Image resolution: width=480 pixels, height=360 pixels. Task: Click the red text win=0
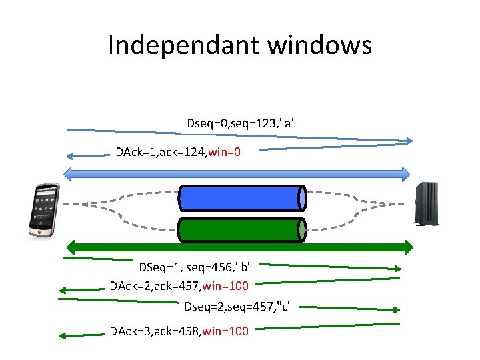click(225, 152)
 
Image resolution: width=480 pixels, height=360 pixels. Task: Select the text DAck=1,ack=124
click(160, 152)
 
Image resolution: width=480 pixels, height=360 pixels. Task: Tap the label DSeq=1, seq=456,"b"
click(195, 268)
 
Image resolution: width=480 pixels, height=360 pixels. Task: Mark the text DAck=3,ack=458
click(154, 331)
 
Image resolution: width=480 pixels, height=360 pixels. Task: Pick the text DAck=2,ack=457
click(154, 287)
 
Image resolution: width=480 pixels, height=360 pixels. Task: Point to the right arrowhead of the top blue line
click(409, 141)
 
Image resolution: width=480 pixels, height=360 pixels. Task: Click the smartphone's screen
click(43, 208)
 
